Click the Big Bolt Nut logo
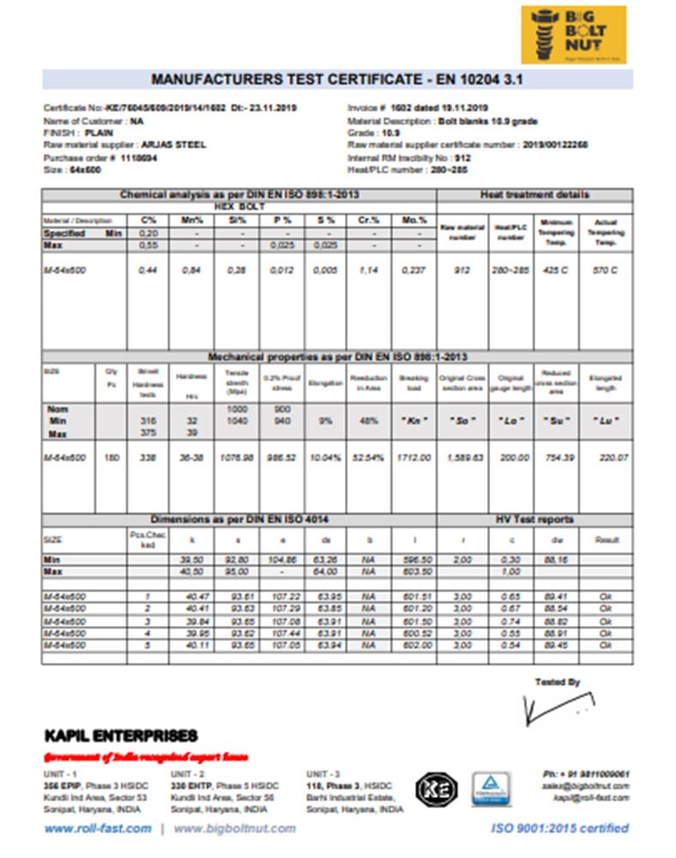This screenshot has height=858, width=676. [574, 35]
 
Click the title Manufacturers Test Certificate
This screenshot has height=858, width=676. [337, 80]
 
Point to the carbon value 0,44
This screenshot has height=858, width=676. [148, 270]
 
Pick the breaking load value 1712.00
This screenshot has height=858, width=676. [413, 458]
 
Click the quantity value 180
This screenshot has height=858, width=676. [112, 458]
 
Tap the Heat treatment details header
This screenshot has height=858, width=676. [534, 195]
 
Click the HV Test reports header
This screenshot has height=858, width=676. [534, 520]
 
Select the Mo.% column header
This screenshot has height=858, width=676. [413, 221]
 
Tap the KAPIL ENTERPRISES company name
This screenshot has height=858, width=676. [120, 736]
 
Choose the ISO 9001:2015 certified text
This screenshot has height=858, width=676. [558, 828]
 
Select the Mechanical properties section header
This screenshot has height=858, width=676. [337, 356]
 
